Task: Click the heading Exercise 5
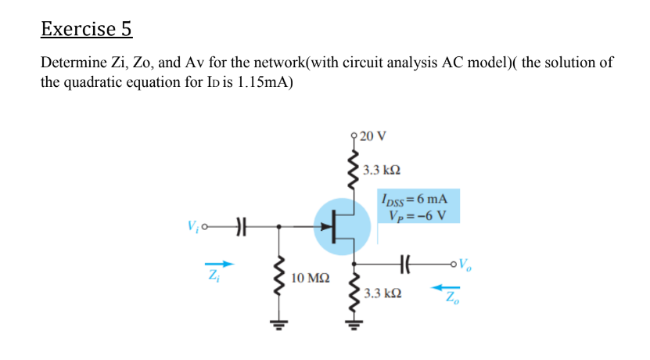coord(86,29)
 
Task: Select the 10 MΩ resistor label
coord(311,278)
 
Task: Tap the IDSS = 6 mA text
coord(412,200)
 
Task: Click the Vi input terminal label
coord(192,228)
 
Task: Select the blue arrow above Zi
coord(222,263)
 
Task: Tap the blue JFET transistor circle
coord(341,228)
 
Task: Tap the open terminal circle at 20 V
coord(356,137)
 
